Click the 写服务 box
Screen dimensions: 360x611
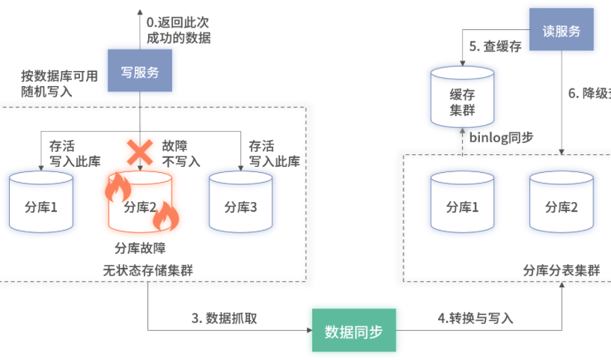pyautogui.click(x=140, y=71)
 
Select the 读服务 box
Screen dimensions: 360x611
pyautogui.click(x=561, y=31)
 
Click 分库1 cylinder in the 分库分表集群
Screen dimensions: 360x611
pyautogui.click(x=462, y=203)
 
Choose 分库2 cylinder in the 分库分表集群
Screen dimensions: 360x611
pyautogui.click(x=562, y=203)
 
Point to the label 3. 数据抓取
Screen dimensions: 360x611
pyautogui.click(x=225, y=317)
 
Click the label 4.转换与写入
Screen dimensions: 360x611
pyautogui.click(x=475, y=317)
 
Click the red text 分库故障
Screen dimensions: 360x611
pyautogui.click(x=140, y=248)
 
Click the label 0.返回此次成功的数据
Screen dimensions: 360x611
pyautogui.click(x=178, y=28)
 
